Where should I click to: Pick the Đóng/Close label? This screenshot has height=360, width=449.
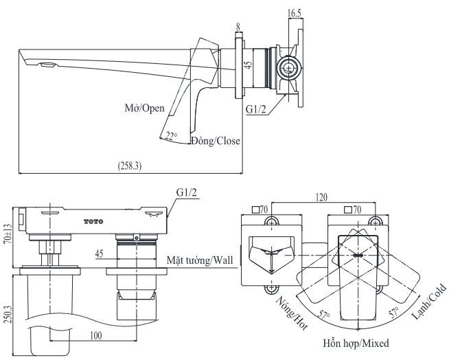[x=216, y=142]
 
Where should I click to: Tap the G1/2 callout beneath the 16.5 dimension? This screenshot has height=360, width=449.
[x=257, y=109]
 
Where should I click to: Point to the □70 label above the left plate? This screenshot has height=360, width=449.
[x=259, y=209]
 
